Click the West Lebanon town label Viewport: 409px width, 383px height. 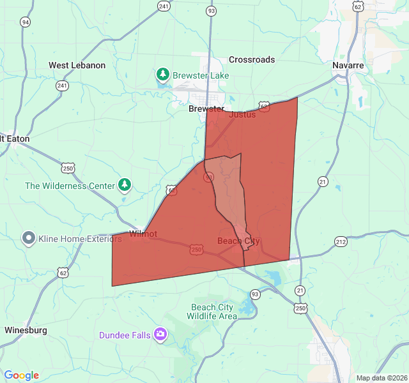[77, 65]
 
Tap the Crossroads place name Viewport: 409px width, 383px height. [252, 59]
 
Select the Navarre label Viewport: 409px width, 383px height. [348, 65]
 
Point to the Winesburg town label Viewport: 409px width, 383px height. [26, 330]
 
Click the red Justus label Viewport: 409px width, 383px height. [242, 114]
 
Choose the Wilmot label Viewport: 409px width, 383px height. [143, 234]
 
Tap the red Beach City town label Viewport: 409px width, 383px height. [238, 241]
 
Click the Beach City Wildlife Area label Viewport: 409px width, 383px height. [213, 312]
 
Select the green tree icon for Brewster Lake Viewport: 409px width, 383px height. [163, 75]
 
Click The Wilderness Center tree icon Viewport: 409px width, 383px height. [125, 186]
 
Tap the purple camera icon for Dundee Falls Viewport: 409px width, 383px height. [160, 334]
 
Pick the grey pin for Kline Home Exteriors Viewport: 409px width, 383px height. [29, 239]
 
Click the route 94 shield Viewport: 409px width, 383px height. [25, 22]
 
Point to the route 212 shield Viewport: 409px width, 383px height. [341, 241]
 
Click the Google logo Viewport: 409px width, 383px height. [21, 375]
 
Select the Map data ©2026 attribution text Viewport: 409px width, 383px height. [382, 378]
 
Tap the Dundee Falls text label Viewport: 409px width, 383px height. [125, 335]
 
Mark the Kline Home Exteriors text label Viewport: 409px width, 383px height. [80, 239]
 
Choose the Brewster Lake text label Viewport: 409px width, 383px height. [201, 75]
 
